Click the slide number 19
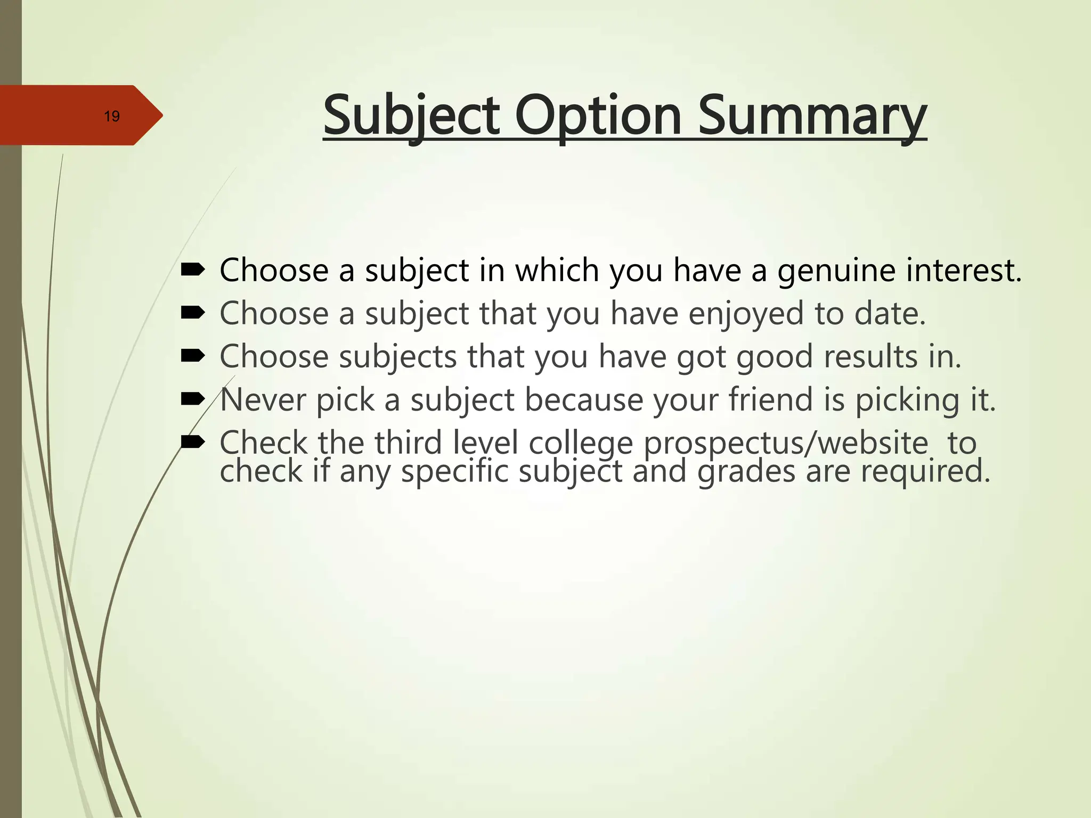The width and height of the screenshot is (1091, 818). pos(112,116)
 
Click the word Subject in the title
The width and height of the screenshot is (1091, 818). pos(411,116)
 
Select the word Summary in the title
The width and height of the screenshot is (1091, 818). pos(812,116)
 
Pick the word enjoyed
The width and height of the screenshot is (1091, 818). pos(746,314)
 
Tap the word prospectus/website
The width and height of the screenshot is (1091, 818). pos(786,443)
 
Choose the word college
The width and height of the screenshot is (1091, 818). pos(581,443)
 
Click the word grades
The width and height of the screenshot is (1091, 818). pos(746,472)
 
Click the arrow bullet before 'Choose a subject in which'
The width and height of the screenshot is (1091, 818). pos(193,271)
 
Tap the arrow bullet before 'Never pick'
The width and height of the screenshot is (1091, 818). pos(193,398)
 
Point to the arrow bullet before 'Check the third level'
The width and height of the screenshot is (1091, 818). pos(193,441)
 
